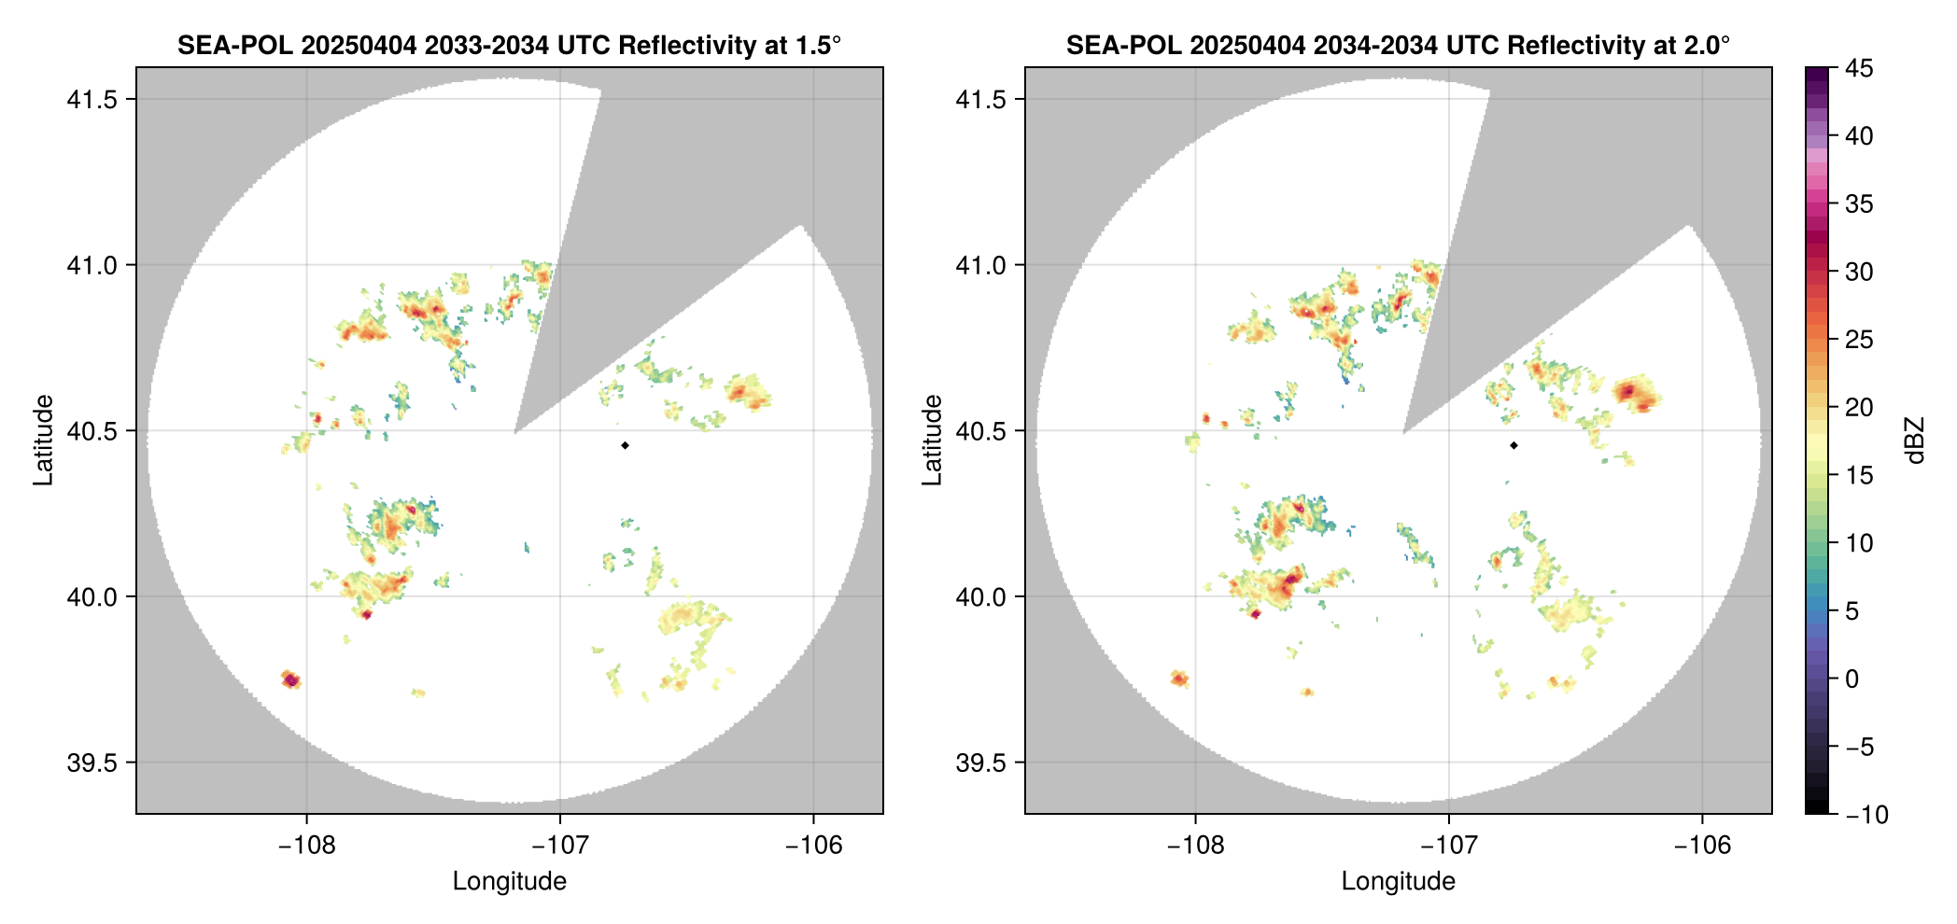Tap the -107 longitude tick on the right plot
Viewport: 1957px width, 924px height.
pos(1449,846)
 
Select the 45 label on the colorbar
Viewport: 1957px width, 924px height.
pos(1859,69)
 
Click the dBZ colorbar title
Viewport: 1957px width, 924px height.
pos(1915,441)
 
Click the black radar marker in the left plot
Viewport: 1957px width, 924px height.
pos(625,445)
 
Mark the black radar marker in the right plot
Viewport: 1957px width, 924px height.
pos(1514,445)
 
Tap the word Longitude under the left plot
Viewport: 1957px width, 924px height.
pos(509,881)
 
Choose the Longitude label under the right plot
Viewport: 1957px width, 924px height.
pos(1398,881)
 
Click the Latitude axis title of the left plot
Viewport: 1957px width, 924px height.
pos(43,440)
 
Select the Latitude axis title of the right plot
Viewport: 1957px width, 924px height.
pos(932,440)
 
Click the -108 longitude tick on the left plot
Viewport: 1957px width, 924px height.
pos(306,846)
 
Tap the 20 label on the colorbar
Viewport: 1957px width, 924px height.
pos(1859,408)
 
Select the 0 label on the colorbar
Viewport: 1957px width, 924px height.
pos(1852,679)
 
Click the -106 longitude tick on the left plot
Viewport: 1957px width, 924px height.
pos(813,846)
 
